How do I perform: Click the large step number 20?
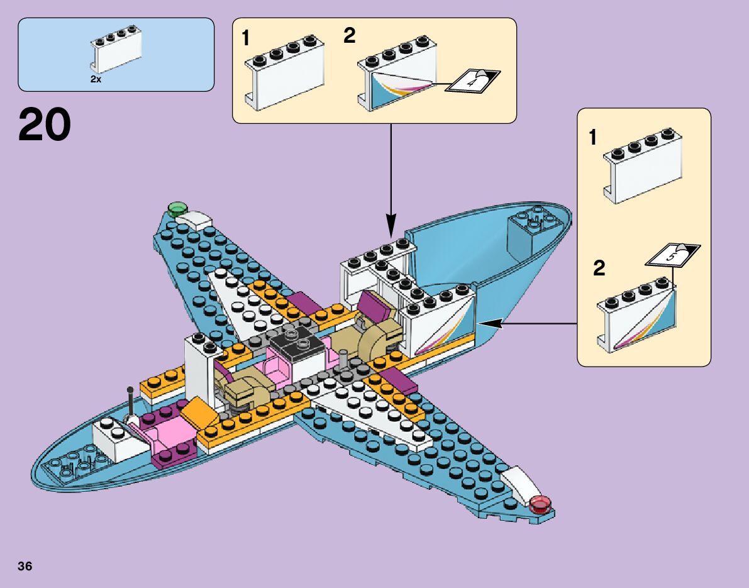click(x=45, y=125)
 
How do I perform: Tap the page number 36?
click(x=25, y=566)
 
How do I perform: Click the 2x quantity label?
click(x=96, y=80)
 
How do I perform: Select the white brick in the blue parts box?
click(x=116, y=50)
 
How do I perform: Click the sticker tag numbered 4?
click(x=472, y=80)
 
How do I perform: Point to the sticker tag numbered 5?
click(x=673, y=254)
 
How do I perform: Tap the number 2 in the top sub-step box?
click(x=350, y=36)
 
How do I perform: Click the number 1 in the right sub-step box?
click(x=592, y=138)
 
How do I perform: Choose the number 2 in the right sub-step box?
click(x=599, y=269)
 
